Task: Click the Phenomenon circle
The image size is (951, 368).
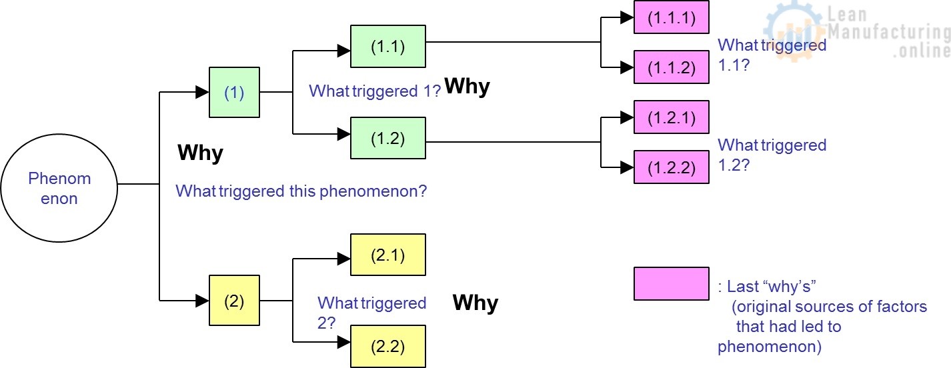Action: click(x=59, y=189)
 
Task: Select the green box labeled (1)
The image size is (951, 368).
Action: click(x=234, y=93)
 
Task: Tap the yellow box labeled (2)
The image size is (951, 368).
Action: click(x=234, y=301)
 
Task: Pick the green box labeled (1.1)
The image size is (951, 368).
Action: click(x=388, y=46)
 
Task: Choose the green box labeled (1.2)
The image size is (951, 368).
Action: click(x=388, y=138)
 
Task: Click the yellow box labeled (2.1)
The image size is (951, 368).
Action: click(x=388, y=255)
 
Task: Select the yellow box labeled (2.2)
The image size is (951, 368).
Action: click(x=388, y=347)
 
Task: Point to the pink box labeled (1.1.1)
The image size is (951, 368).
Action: click(x=671, y=18)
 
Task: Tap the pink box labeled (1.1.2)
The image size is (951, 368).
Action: click(x=671, y=67)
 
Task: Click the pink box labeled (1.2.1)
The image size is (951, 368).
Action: click(x=671, y=118)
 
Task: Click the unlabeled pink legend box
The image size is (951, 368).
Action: click(x=671, y=284)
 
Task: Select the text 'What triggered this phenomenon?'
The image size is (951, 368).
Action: click(x=301, y=191)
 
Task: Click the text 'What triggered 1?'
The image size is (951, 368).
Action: click(x=375, y=91)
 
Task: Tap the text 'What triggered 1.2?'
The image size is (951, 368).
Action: click(x=772, y=155)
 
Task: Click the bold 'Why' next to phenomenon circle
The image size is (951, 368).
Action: click(x=200, y=153)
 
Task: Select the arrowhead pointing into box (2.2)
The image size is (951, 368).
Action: click(x=344, y=342)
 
